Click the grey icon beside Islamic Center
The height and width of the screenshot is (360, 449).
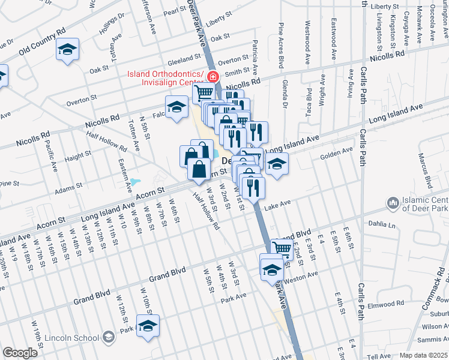click(394, 203)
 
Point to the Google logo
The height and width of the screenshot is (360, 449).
click(20, 353)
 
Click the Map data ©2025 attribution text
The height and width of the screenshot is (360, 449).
click(423, 355)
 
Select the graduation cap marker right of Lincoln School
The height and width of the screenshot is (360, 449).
click(148, 326)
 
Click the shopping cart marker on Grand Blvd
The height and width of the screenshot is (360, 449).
click(282, 248)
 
